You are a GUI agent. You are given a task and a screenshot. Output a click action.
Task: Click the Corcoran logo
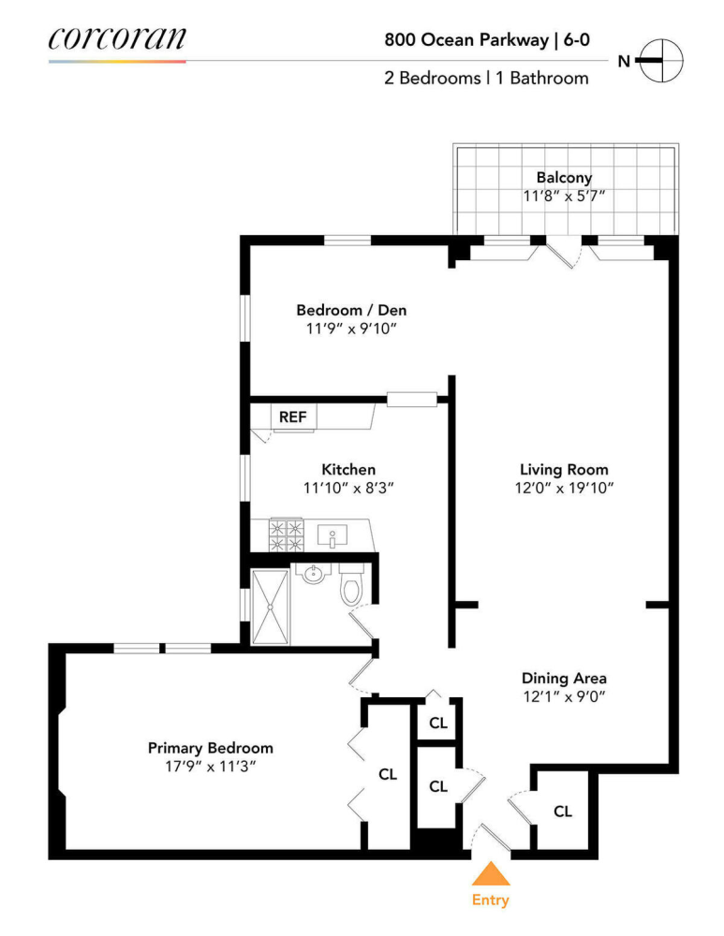tap(117, 38)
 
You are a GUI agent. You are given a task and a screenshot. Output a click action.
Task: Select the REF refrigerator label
tap(292, 417)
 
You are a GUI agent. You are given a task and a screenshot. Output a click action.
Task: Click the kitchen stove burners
tap(286, 535)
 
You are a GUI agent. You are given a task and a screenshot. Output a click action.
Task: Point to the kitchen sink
tap(332, 536)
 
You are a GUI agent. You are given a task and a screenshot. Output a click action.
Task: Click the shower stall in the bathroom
tap(271, 606)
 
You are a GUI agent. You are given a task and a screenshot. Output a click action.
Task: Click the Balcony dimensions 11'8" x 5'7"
tap(564, 197)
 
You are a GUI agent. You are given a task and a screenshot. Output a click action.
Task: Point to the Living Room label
tap(564, 469)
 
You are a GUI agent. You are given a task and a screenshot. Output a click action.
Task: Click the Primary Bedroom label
tap(211, 748)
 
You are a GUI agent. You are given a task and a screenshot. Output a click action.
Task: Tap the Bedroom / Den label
tap(351, 310)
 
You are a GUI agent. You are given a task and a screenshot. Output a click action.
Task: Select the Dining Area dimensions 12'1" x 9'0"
tap(564, 696)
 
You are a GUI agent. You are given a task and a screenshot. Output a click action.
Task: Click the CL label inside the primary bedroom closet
tap(388, 774)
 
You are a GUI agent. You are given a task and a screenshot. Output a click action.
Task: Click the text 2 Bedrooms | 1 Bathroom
tap(486, 79)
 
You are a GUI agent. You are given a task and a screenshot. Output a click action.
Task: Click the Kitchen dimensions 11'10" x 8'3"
tap(348, 488)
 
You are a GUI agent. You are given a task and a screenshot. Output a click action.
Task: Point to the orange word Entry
tap(490, 900)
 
